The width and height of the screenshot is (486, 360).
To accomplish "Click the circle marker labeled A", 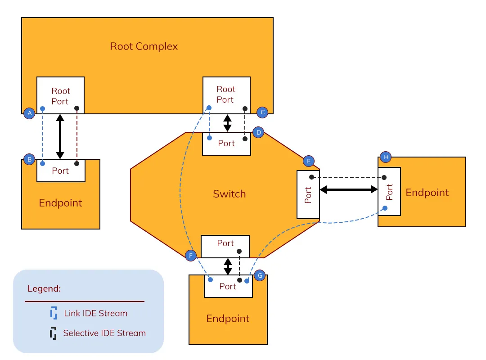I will pos(29,113).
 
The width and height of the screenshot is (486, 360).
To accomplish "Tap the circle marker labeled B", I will pos(29,159).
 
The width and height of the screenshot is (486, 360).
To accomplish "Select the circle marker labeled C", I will pos(262,112).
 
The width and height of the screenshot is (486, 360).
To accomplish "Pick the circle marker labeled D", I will pos(258,132).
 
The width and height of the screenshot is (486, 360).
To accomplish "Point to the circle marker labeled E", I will pos(308,161).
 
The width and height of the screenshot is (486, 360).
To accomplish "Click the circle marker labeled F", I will pos(191,256).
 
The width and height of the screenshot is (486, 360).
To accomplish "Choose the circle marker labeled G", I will pos(260,275).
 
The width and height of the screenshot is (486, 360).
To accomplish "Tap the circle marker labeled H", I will pos(386,157).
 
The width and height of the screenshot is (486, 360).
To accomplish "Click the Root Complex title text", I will pos(144,46).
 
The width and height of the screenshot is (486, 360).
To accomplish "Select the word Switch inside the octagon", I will pos(229,194).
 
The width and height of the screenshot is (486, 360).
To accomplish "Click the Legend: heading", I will pos(44,288).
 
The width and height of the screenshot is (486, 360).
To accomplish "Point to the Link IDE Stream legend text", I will pos(95,313).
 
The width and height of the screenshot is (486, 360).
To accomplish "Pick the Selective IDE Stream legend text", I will pos(104,333).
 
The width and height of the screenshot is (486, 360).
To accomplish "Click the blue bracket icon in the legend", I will pos(54,313).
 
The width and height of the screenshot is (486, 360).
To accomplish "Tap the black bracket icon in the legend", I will pos(54,333).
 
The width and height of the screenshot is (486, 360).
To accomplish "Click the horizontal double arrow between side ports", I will pos(349,190).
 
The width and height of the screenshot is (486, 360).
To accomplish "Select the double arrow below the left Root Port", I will pos(60,137).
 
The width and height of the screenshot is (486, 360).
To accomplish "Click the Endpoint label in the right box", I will pos(427,193).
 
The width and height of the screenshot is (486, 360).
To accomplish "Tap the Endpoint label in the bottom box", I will pos(228,319).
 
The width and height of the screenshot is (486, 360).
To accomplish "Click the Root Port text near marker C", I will pos(226,94).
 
